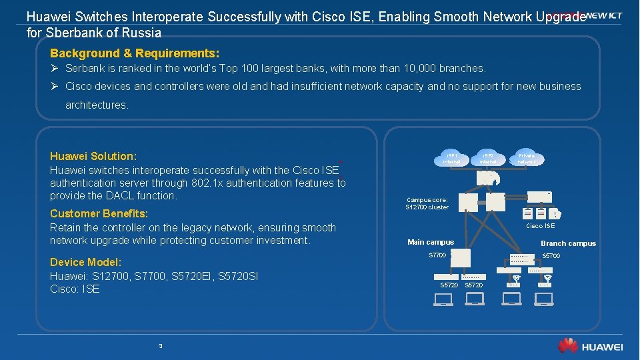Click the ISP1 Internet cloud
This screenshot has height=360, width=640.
pyautogui.click(x=452, y=157)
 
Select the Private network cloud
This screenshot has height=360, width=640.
pyautogui.click(x=527, y=157)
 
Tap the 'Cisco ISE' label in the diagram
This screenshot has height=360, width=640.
pyautogui.click(x=540, y=226)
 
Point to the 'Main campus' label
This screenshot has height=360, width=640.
pyautogui.click(x=431, y=242)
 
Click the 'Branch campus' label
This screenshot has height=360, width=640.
pyautogui.click(x=568, y=243)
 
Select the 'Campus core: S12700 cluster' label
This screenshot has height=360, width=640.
pyautogui.click(x=427, y=203)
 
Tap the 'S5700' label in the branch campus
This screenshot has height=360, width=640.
pyautogui.click(x=551, y=256)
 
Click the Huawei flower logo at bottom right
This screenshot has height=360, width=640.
pyautogui.click(x=567, y=345)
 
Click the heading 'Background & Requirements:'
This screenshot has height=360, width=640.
pyautogui.click(x=135, y=52)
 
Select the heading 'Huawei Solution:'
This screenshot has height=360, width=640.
pyautogui.click(x=93, y=156)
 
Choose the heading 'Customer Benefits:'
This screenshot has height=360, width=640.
pyautogui.click(x=99, y=213)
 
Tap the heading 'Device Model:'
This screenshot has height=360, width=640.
pyautogui.click(x=85, y=262)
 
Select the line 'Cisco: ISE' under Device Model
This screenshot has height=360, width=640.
pyautogui.click(x=75, y=289)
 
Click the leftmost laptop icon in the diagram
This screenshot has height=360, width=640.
pyautogui.click(x=443, y=299)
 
